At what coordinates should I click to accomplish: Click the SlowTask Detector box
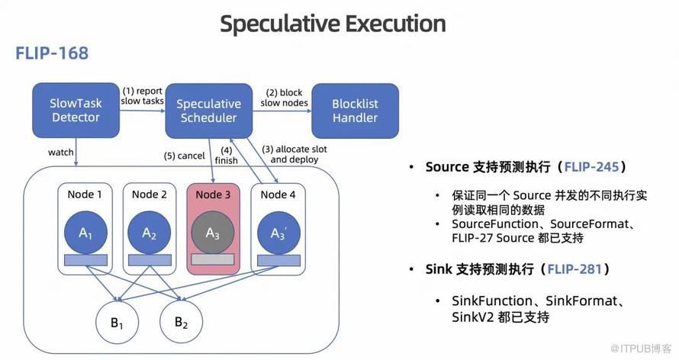tap(76, 110)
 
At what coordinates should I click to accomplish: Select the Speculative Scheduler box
tap(208, 110)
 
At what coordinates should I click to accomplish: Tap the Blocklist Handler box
tap(355, 110)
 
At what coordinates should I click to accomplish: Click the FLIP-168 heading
tap(52, 53)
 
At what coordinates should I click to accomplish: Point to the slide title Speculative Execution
tap(333, 23)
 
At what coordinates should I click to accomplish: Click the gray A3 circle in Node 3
tap(213, 232)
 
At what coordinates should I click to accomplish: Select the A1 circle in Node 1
tap(85, 232)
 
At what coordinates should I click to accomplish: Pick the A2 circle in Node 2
tap(149, 232)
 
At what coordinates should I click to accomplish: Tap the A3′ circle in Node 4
tap(278, 232)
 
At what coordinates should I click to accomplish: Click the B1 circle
tap(117, 323)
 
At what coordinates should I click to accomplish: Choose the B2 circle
tap(181, 323)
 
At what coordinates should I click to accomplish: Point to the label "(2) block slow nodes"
tap(284, 98)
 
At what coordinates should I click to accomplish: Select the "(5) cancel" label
tap(184, 156)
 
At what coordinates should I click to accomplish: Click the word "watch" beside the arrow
tap(61, 152)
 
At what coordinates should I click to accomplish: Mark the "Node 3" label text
tap(213, 194)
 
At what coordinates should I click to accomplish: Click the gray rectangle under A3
tap(213, 259)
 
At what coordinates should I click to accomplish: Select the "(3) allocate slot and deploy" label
tap(294, 154)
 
